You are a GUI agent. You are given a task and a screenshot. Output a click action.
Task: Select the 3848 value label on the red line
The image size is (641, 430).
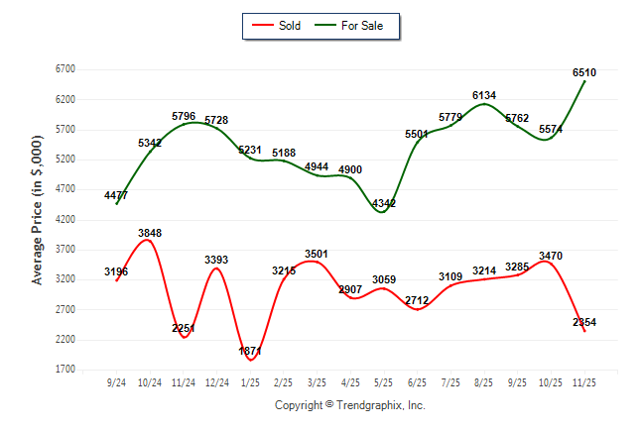(150, 233)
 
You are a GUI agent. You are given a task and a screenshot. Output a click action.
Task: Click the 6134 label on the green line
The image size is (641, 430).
(484, 95)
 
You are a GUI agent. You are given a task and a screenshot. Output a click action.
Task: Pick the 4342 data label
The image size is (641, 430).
(383, 203)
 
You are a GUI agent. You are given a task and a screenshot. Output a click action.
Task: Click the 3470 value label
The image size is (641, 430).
(551, 257)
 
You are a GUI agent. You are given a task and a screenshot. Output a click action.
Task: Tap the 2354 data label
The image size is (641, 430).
(584, 322)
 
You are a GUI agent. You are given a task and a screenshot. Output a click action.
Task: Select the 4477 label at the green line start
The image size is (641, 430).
(116, 195)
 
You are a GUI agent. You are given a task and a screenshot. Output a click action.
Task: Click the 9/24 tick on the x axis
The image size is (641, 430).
(116, 381)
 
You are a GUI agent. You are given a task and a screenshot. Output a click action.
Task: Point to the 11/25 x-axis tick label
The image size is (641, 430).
(584, 381)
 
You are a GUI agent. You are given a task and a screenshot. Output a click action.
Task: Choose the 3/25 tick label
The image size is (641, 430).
(317, 381)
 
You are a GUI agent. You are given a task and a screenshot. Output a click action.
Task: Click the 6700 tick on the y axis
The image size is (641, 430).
(65, 69)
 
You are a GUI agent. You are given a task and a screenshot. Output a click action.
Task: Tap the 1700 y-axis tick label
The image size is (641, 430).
(65, 370)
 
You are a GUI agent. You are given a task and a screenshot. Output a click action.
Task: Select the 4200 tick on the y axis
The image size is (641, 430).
(65, 220)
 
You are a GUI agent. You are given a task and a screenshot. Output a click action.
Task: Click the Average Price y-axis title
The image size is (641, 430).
(37, 220)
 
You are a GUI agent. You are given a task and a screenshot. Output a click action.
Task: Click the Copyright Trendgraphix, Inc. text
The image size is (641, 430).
(349, 405)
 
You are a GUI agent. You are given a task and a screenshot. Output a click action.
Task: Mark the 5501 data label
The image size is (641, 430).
(418, 134)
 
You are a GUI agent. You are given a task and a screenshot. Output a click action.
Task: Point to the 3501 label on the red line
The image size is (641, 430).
(317, 254)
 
